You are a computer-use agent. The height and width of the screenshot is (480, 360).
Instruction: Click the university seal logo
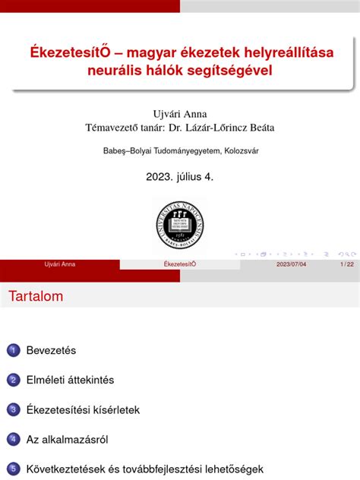pos(178,223)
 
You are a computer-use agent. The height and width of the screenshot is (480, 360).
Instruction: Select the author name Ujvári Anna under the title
pos(179,114)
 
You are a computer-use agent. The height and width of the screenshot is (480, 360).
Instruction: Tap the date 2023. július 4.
pos(179,176)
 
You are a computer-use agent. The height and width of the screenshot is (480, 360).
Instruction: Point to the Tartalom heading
pos(36,295)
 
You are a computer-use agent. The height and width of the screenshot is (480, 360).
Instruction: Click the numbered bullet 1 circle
pos(12,350)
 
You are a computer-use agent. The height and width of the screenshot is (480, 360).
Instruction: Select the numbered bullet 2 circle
pos(12,380)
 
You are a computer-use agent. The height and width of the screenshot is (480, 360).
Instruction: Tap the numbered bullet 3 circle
pos(12,409)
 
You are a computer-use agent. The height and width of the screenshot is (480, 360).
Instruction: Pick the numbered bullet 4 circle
pos(12,439)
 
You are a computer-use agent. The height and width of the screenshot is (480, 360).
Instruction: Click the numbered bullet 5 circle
pos(12,469)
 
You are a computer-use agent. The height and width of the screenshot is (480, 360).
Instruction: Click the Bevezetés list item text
pos(51,350)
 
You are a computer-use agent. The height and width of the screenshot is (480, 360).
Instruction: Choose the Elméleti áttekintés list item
pos(70,380)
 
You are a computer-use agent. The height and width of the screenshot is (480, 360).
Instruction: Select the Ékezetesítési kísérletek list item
pos(83,409)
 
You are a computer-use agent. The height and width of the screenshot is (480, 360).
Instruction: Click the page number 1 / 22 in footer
pos(346,264)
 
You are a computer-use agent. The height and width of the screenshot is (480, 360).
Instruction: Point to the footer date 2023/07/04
pos(292,264)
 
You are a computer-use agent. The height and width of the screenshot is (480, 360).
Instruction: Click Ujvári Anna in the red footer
pos(60,264)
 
